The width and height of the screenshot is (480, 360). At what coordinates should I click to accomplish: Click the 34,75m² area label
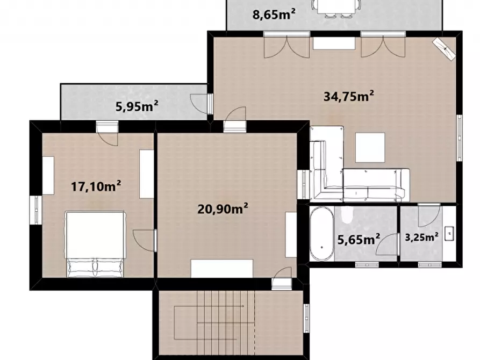[348, 96]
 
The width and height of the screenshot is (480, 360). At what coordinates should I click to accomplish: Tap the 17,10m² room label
[96, 186]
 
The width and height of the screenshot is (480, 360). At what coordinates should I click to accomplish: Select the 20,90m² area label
[223, 209]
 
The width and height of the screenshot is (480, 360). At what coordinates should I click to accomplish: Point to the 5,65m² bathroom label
[359, 239]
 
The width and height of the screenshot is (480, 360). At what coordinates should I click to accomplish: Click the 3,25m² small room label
[421, 236]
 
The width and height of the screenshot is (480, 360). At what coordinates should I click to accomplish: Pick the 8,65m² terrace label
[274, 14]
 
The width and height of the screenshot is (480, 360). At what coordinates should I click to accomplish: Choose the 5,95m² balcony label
[137, 106]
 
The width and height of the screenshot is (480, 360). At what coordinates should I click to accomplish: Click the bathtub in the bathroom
[321, 234]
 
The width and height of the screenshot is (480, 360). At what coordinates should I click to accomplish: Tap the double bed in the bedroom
[95, 244]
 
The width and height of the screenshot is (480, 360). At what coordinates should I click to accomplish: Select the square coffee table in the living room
[370, 148]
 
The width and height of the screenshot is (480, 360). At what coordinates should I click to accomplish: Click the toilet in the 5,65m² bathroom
[347, 214]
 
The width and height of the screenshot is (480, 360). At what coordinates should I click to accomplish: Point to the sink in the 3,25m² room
[449, 234]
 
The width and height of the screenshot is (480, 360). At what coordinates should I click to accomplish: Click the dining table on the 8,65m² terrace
[336, 6]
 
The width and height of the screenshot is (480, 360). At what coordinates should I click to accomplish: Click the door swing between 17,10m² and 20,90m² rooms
[145, 240]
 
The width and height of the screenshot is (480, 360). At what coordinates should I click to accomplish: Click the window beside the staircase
[306, 318]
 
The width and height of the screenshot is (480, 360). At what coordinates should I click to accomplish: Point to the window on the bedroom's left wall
[36, 210]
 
